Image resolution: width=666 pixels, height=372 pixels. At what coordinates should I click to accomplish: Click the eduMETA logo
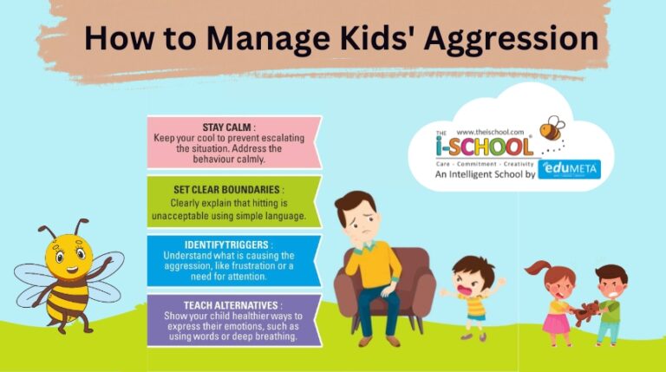(x=568, y=170)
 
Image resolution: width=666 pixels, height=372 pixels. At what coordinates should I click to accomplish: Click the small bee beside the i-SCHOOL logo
(x=552, y=131)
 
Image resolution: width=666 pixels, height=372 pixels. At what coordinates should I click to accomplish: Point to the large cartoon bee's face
(x=70, y=252)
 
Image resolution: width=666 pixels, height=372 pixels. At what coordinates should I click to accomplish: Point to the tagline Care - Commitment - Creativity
(x=486, y=161)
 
